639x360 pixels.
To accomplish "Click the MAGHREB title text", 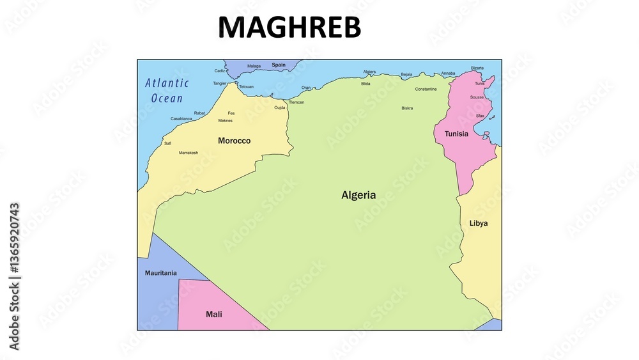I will coord(289,27).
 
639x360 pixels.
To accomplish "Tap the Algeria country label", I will coord(358,195).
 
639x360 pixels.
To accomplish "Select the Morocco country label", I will coord(234,141).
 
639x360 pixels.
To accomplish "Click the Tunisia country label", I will coord(456,134).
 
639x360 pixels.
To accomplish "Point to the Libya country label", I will coord(479,223).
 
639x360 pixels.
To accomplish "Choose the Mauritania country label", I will coord(161,273).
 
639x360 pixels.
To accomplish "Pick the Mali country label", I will coord(214,314).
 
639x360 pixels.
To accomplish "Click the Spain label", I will coord(279,65).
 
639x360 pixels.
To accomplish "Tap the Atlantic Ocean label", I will coord(167,90).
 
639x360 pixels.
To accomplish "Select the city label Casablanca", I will coord(181,118).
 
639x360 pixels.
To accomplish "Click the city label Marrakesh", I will coord(189,153).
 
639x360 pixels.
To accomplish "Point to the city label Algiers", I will coord(369,72).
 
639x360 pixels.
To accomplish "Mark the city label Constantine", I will coord(426,89).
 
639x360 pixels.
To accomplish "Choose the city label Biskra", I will coord(407,108).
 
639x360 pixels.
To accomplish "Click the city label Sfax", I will coord(480,116).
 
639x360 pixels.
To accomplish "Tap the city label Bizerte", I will coord(477,68).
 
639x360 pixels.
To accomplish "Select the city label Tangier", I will coord(220,83).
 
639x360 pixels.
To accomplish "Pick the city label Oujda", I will coord(280,107).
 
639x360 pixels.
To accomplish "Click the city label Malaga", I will coord(254,66).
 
